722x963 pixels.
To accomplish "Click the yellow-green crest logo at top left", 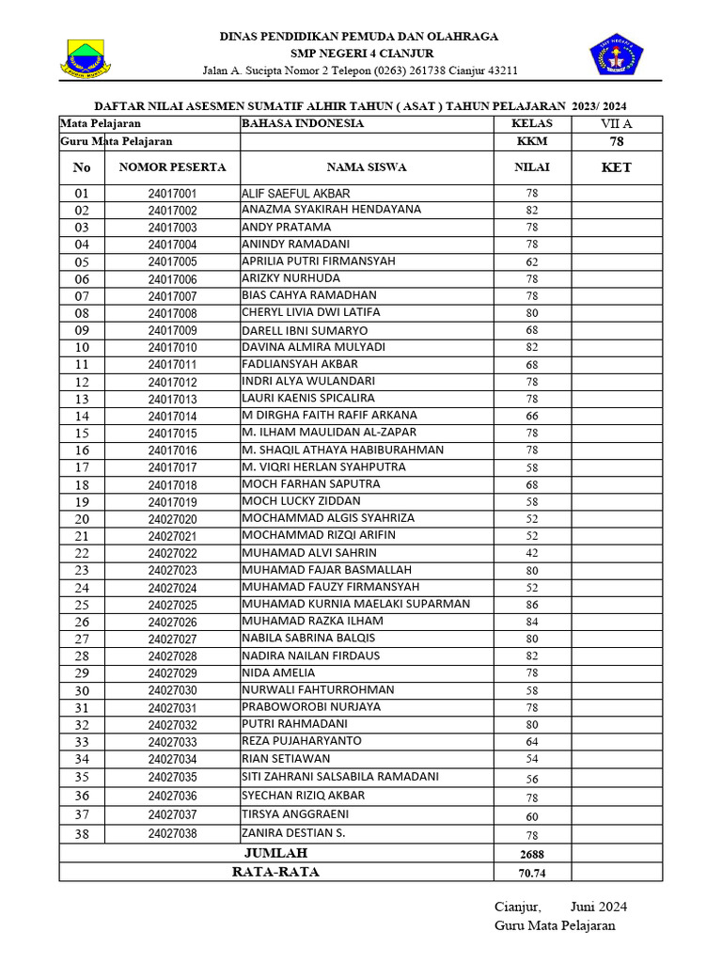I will point(86,57).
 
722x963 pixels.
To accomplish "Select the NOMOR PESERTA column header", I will point(172,167).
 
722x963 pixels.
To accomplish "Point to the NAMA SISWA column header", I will point(367,167).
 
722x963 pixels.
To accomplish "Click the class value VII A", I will point(616,123).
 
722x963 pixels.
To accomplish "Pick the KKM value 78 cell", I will point(616,141).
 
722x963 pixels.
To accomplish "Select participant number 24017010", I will point(172,348).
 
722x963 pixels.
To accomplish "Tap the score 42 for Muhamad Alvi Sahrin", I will point(531,553).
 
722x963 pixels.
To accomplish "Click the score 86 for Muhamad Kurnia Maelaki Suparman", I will point(531,605).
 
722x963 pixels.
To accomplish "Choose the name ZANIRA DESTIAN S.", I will point(293,833).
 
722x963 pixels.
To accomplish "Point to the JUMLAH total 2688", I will point(531,854).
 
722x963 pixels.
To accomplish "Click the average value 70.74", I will point(531,873).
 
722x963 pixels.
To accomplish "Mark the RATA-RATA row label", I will point(275,872).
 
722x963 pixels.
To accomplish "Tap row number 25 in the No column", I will point(82,605).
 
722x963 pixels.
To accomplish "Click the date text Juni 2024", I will point(599,907).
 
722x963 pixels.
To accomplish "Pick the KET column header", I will point(616,167).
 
